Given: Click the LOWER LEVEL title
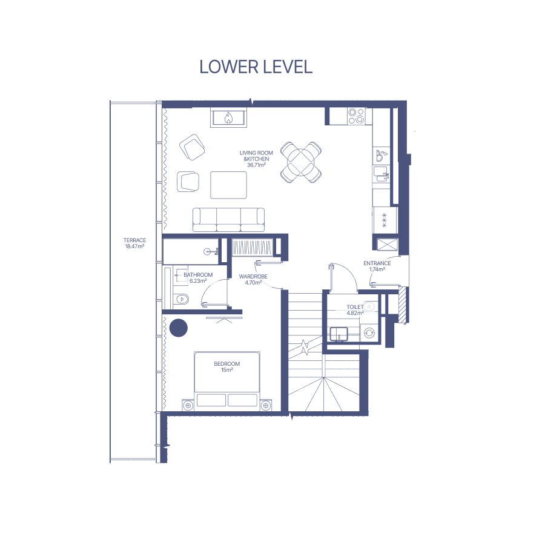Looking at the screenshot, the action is (256, 67).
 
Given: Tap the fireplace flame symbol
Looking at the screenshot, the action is (228, 118).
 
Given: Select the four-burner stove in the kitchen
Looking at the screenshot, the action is (356, 116).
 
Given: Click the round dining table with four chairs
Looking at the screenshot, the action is (301, 162).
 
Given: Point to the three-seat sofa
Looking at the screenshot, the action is (228, 220).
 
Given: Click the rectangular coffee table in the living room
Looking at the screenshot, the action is (228, 185).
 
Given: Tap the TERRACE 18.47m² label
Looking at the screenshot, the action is (134, 243).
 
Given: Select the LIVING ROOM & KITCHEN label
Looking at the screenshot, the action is (256, 159).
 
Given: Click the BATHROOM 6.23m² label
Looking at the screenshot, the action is (198, 278).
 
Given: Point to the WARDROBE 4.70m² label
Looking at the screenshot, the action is (253, 279).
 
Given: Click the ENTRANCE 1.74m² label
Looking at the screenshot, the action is (377, 266).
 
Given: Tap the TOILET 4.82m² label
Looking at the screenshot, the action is (355, 309).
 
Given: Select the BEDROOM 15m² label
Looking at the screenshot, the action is (226, 367).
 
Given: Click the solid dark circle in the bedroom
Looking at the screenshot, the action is (178, 328).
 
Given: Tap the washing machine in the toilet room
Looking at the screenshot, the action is (369, 333).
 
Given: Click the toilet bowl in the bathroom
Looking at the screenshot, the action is (182, 299).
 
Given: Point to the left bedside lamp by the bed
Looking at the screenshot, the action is (188, 405).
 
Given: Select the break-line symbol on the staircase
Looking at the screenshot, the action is (305, 347).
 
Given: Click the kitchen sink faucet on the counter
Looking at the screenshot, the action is (386, 176).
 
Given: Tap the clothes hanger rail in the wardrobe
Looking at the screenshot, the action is (252, 248).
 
